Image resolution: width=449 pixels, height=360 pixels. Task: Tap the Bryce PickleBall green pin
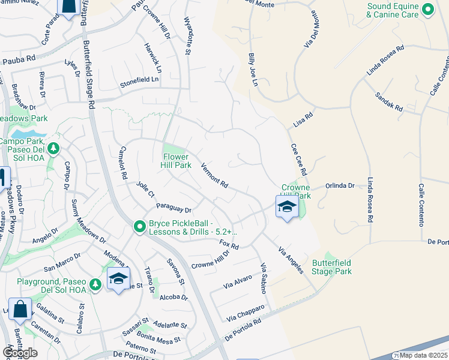(140, 227)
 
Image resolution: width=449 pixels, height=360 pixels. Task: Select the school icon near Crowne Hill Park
(287, 208)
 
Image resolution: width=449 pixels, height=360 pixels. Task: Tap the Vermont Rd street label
(215, 176)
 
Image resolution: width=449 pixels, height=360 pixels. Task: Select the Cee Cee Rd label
(299, 159)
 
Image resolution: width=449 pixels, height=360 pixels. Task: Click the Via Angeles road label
(291, 260)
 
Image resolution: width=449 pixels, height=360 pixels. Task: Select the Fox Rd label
(229, 245)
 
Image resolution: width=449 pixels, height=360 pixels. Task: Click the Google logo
(20, 353)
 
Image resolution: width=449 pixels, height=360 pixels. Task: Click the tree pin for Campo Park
(53, 148)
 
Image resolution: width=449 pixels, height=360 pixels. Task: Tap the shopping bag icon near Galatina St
(20, 310)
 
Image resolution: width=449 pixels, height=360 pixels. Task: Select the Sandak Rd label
(389, 100)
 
